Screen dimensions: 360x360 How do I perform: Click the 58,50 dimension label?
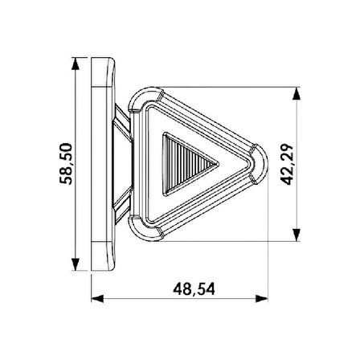pos(66,164)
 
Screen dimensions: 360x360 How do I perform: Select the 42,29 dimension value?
pos(287,164)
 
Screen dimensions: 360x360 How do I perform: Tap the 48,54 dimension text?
pos(194,289)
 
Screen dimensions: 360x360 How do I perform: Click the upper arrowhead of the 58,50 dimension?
pos(76,63)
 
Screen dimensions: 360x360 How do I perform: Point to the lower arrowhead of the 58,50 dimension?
pos(76,264)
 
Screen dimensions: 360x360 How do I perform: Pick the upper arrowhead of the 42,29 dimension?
pos(297,93)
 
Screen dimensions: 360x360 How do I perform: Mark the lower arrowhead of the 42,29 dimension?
pos(297,235)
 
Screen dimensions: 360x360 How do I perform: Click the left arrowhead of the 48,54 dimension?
pos(97,298)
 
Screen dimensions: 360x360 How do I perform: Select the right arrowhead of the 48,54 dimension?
pos(262,298)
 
